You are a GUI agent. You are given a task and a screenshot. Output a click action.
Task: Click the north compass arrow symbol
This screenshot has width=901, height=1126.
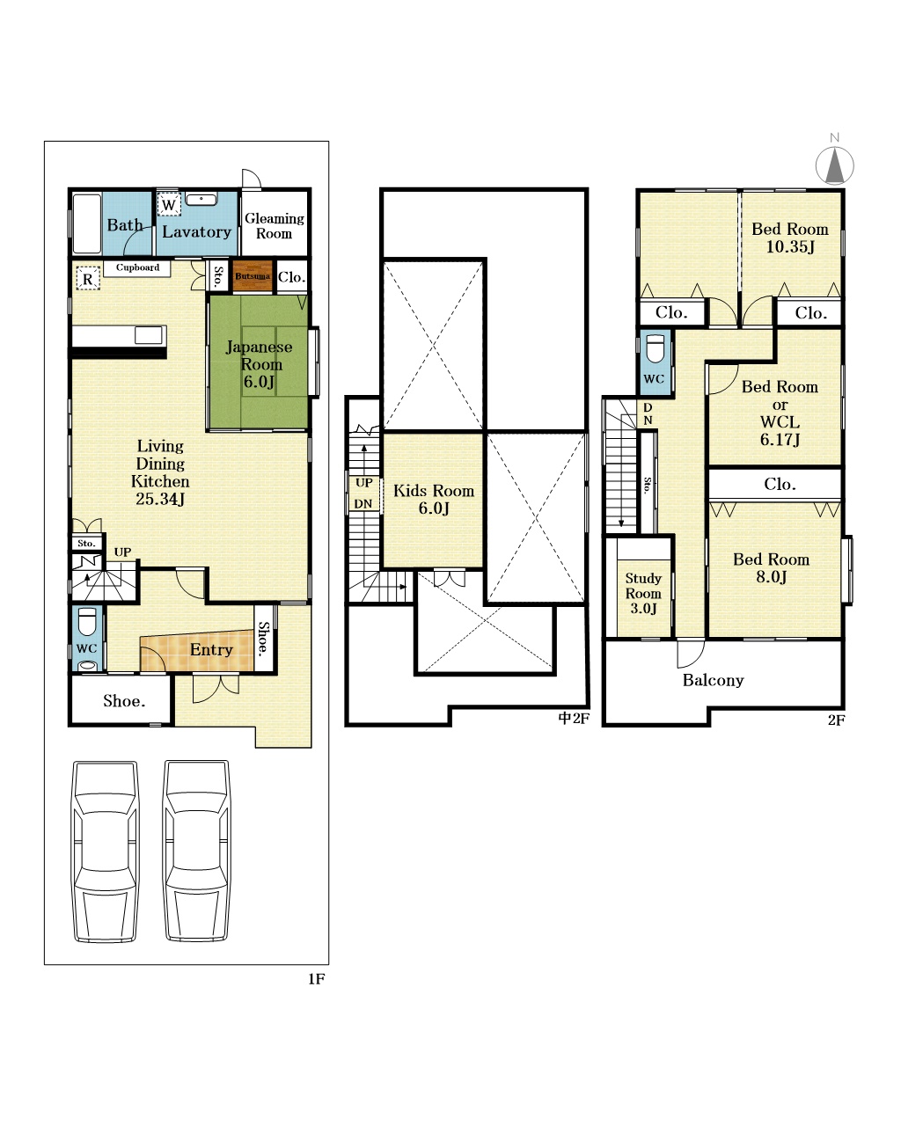click(834, 165)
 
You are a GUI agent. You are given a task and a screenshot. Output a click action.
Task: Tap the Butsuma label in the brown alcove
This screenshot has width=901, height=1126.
click(253, 275)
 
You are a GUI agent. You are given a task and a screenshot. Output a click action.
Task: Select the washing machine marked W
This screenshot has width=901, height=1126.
click(169, 205)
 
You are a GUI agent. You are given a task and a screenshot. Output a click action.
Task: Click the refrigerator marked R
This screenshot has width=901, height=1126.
click(87, 279)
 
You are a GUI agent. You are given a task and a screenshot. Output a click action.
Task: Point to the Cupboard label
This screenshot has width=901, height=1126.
click(137, 267)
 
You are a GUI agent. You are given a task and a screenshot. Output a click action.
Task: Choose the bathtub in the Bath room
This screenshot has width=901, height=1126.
click(86, 224)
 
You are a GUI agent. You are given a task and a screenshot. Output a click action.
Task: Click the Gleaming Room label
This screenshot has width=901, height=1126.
click(275, 225)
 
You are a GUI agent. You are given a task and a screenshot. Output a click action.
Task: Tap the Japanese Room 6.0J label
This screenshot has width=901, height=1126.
click(260, 363)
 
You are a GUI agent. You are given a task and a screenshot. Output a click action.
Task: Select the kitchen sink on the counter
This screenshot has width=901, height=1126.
click(149, 335)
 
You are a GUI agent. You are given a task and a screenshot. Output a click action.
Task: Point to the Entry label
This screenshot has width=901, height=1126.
click(211, 649)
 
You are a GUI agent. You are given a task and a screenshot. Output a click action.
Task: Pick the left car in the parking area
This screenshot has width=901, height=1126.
click(106, 852)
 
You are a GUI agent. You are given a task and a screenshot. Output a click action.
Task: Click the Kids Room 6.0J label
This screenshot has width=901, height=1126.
click(434, 499)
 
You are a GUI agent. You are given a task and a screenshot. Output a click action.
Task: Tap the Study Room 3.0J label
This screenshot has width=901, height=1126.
click(643, 593)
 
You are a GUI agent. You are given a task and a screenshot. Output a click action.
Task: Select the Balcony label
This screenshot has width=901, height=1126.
click(713, 680)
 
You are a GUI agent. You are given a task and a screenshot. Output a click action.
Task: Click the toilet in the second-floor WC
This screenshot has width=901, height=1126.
click(656, 348)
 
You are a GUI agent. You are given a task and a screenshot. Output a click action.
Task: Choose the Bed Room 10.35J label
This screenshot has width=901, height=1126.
click(790, 238)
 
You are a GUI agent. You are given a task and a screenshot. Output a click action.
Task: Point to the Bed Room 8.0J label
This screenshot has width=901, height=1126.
click(771, 567)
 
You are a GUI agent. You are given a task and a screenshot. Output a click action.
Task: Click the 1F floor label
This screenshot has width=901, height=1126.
click(317, 978)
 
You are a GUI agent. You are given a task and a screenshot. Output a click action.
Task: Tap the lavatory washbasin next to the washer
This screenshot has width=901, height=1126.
click(201, 200)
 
